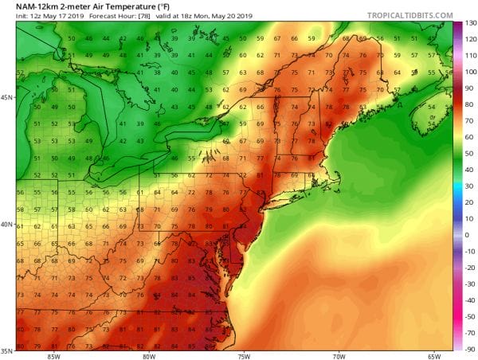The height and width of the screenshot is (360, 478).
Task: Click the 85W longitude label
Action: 53,356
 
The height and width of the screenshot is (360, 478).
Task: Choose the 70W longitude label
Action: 341,356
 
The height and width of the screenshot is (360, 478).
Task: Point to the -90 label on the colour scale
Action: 469,349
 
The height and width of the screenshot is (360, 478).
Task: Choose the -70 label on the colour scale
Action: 469,319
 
